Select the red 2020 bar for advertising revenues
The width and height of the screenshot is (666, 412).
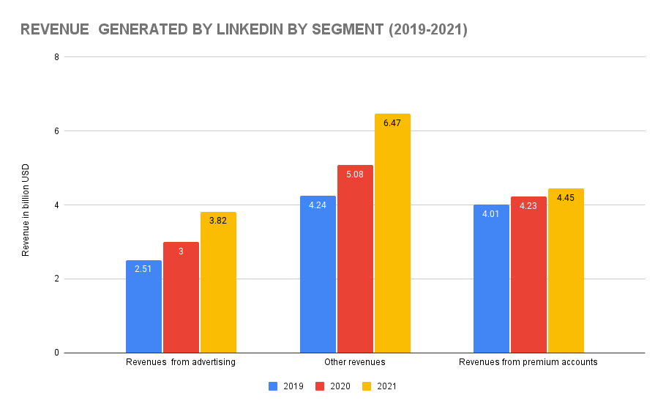[181, 297]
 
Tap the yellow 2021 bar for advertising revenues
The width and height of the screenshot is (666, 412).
[218, 282]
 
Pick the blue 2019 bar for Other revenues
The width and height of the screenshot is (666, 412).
[318, 274]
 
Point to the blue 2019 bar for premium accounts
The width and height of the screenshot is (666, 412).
[491, 279]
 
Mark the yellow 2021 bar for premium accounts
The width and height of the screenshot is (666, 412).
[566, 271]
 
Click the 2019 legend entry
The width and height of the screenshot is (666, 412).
[285, 386]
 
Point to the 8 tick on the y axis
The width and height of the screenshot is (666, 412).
[56, 56]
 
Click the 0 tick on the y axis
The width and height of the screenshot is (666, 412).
[56, 353]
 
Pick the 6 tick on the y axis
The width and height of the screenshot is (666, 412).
[56, 130]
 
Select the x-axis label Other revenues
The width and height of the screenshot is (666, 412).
[354, 362]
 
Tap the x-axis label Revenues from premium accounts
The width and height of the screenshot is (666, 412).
[528, 362]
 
